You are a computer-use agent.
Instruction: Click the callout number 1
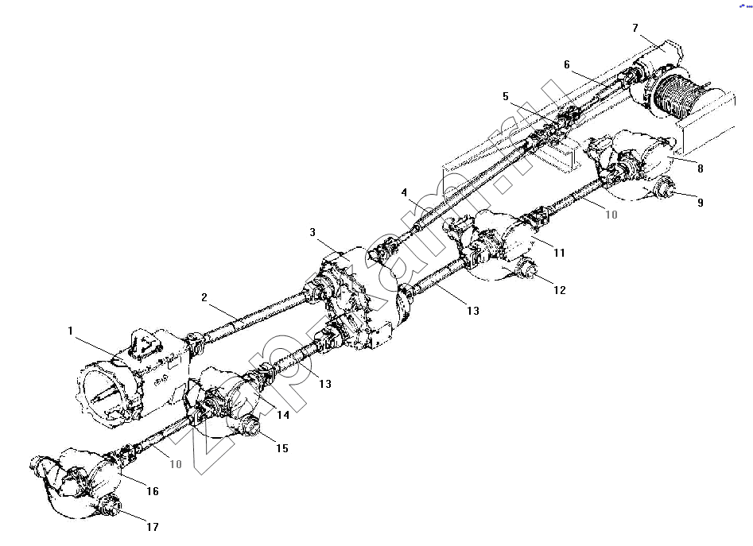click(70, 331)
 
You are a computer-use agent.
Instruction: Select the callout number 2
click(204, 297)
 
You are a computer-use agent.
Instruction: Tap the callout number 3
click(312, 233)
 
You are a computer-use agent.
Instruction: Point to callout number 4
click(405, 192)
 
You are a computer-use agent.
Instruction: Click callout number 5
click(506, 96)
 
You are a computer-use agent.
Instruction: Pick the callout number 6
click(567, 64)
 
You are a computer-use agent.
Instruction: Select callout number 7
click(635, 28)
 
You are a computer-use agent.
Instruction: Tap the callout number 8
click(701, 168)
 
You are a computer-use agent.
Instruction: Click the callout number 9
click(701, 203)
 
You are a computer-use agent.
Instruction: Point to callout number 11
click(560, 253)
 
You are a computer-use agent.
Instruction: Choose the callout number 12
click(560, 290)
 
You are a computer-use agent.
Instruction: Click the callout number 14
click(283, 415)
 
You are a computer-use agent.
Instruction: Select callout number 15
click(282, 448)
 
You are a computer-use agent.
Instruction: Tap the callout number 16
click(152, 491)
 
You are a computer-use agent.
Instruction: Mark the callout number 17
click(152, 527)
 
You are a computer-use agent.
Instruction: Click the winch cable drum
click(673, 98)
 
